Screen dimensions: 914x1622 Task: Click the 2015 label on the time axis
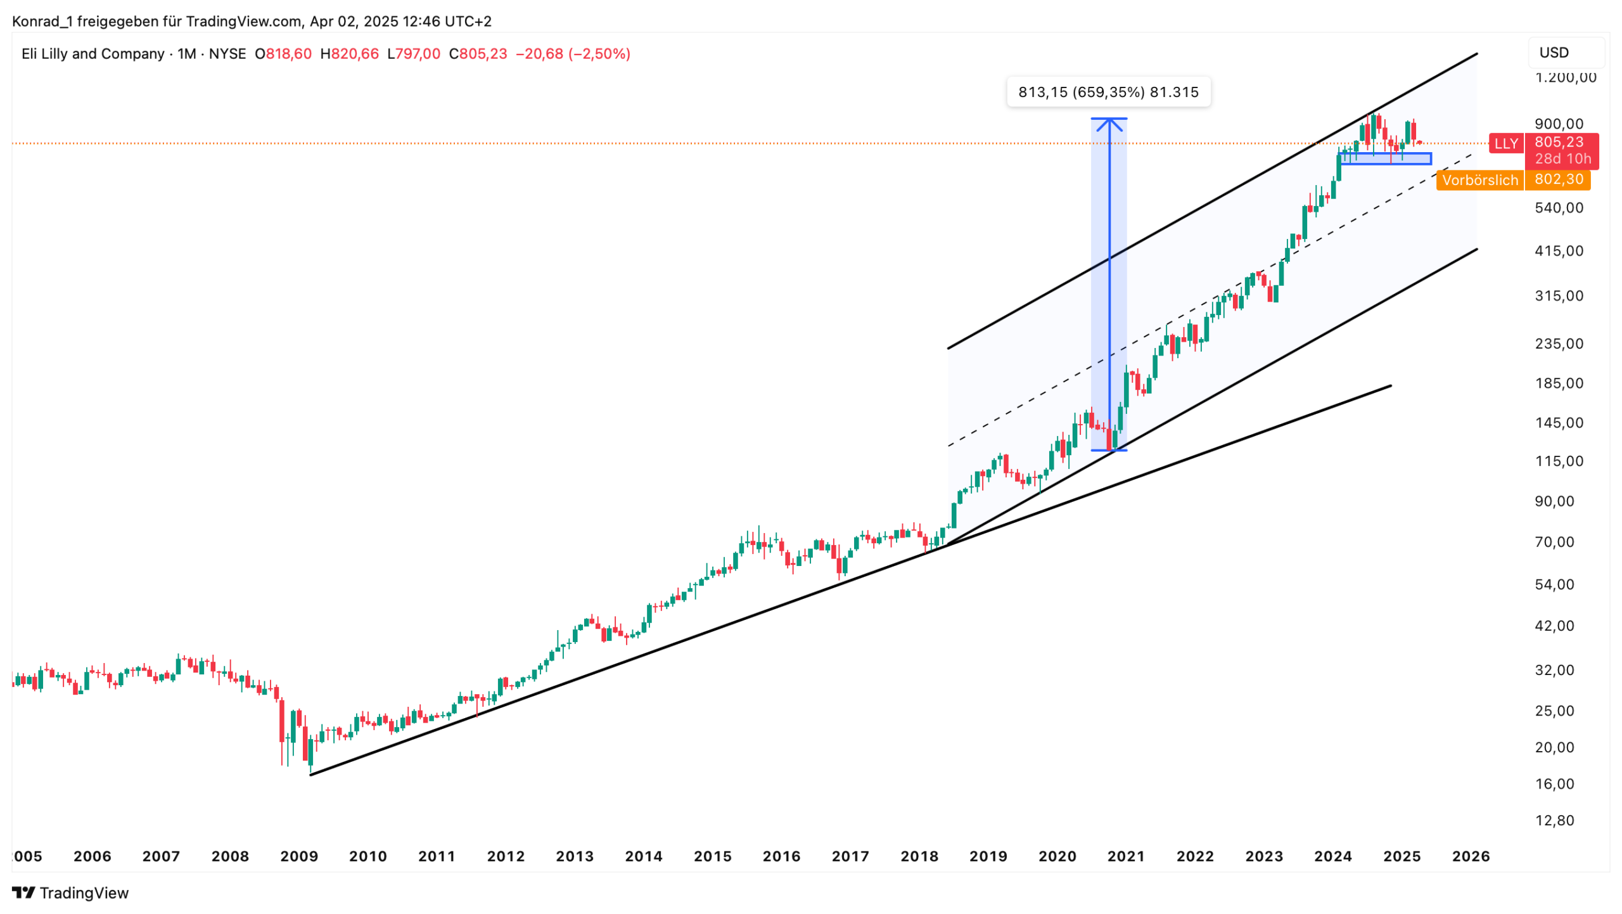(712, 856)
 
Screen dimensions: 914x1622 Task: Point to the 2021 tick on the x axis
(1126, 856)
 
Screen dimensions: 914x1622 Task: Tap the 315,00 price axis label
(1559, 296)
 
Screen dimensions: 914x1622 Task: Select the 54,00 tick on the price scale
(1554, 584)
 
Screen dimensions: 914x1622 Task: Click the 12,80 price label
(1554, 821)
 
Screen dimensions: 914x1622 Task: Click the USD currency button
(1554, 53)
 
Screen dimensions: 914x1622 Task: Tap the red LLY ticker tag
(1505, 144)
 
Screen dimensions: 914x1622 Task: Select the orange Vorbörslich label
(1479, 180)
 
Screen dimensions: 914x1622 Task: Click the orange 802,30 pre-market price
(1558, 179)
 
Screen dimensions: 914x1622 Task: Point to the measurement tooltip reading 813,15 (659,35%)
(1108, 92)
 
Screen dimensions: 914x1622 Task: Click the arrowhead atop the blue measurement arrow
(1109, 122)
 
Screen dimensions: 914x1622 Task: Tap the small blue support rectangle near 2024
(1386, 158)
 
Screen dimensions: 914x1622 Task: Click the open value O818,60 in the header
(283, 54)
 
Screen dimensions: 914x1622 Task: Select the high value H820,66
(349, 54)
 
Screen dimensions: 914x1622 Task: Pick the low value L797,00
(414, 54)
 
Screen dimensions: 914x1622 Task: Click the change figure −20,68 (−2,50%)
(573, 54)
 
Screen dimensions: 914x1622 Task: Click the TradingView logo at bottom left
(70, 893)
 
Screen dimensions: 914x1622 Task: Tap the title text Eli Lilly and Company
(93, 54)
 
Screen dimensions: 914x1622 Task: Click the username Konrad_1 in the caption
(42, 22)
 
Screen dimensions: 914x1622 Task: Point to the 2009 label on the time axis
(299, 856)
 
